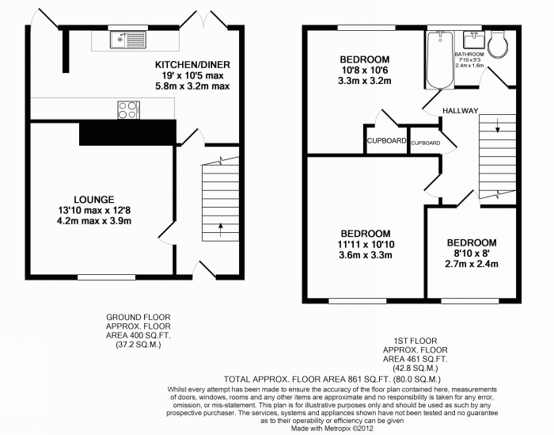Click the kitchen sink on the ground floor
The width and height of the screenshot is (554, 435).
tap(128, 40)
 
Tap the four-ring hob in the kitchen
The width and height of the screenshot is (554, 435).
tap(128, 110)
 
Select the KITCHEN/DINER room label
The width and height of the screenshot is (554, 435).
tap(192, 65)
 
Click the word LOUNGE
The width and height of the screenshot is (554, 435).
tap(94, 200)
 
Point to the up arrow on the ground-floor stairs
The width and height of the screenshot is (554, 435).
tap(221, 230)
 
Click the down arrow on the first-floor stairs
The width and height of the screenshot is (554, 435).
tap(498, 125)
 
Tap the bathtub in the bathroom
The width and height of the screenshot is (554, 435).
tap(440, 59)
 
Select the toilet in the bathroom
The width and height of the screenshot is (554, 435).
tap(498, 44)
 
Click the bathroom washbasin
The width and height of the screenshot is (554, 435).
tap(474, 40)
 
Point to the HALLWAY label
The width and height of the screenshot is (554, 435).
tap(461, 111)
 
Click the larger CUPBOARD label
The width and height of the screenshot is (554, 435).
tap(386, 141)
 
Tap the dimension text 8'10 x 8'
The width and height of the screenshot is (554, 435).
tap(472, 254)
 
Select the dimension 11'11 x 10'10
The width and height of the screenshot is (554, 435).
tap(366, 244)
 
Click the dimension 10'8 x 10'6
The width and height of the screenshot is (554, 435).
tap(365, 70)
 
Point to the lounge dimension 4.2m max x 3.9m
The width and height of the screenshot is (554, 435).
tap(94, 221)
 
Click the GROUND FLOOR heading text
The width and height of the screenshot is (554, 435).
tap(138, 317)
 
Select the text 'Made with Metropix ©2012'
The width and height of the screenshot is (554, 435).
tap(332, 429)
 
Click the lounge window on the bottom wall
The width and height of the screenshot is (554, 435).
tap(106, 277)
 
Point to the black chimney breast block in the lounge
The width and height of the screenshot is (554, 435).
tap(127, 132)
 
